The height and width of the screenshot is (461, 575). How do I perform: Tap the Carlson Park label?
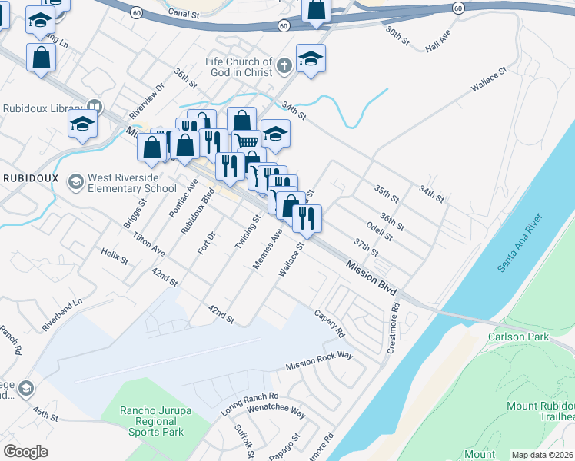pyautogui.click(x=518, y=337)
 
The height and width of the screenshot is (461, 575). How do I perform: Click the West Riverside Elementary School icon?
pyautogui.click(x=75, y=181)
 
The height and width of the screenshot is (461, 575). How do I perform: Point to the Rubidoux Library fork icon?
pyautogui.click(x=95, y=106)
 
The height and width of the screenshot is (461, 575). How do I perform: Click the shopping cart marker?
pyautogui.click(x=246, y=141)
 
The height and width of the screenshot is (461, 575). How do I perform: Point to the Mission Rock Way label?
pyautogui.click(x=319, y=362)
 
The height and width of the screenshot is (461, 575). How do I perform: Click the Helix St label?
pyautogui.click(x=115, y=255)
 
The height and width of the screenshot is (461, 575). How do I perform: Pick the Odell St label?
pyautogui.click(x=380, y=230)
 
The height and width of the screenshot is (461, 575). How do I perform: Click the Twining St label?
pyautogui.click(x=248, y=234)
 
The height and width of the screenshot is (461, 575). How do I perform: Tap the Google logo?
pyautogui.click(x=25, y=452)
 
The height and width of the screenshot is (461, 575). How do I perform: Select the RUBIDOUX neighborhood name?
pyautogui.click(x=31, y=177)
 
